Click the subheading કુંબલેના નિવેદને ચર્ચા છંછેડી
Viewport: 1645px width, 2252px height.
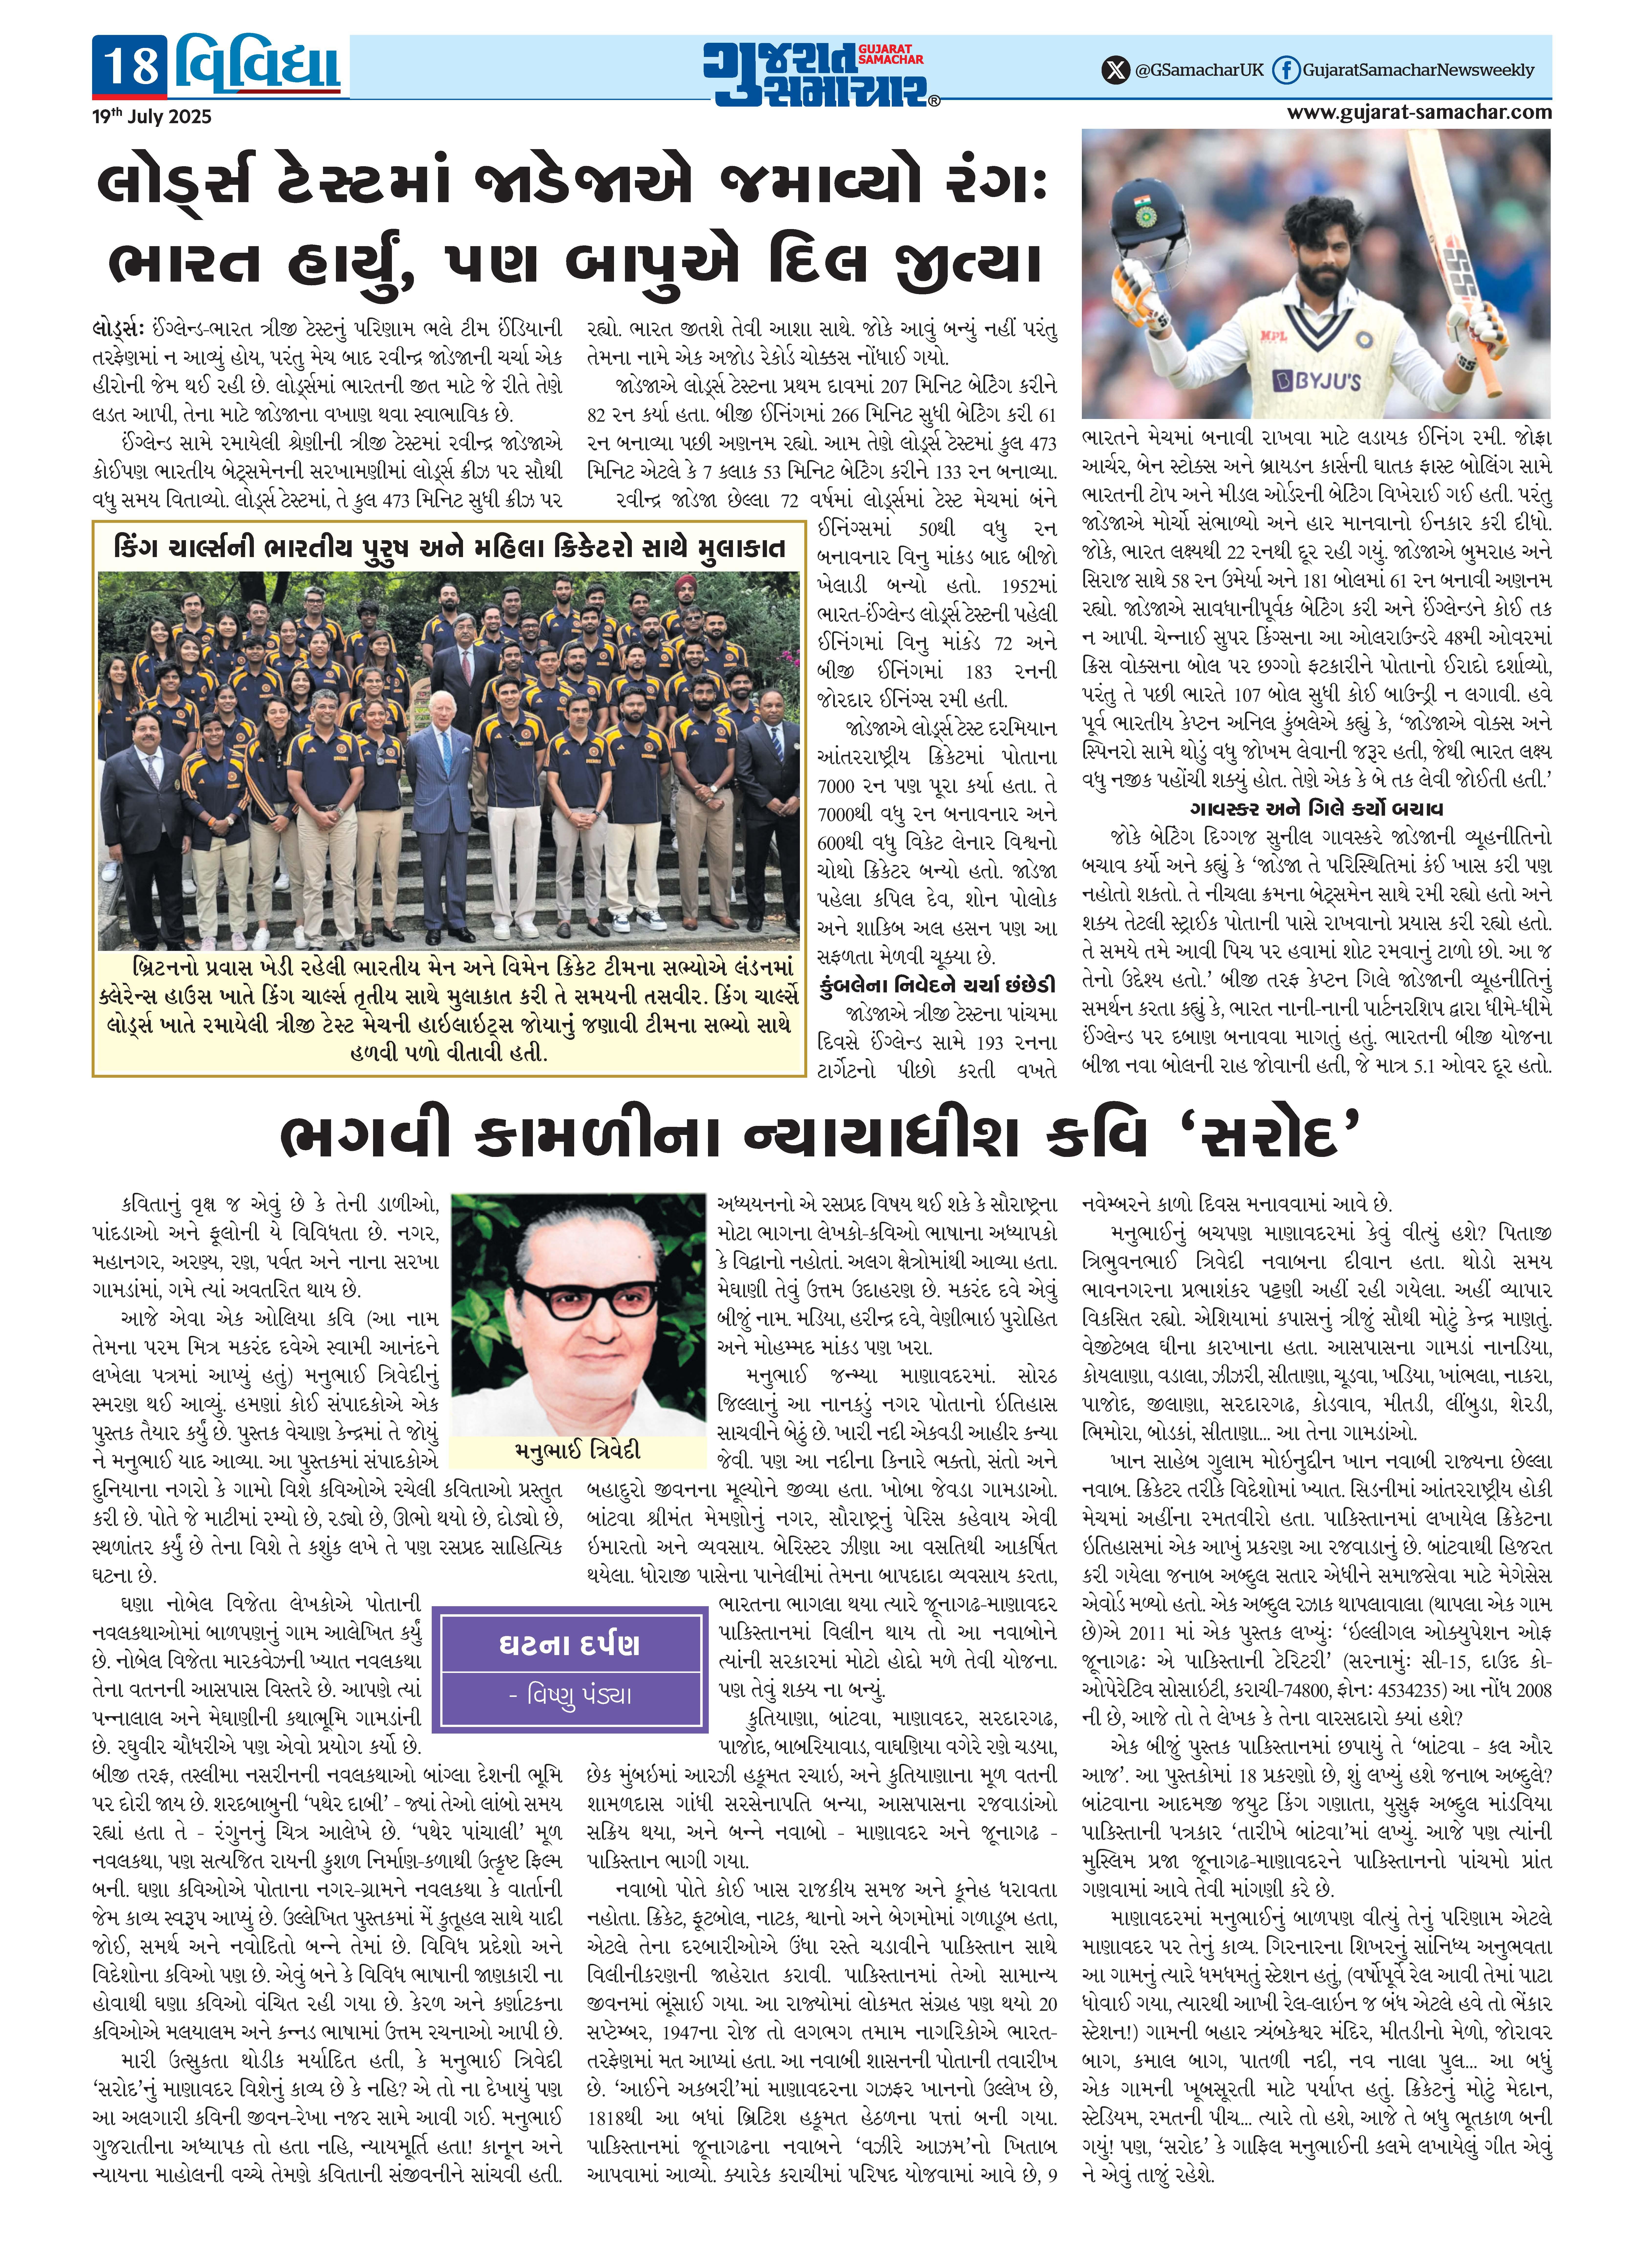[936, 985]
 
